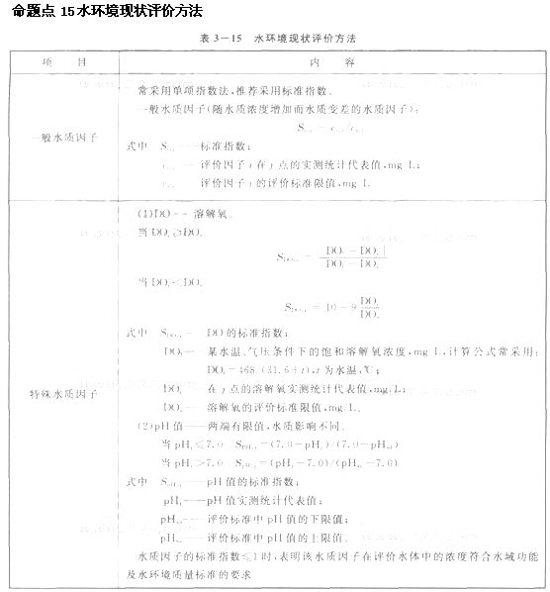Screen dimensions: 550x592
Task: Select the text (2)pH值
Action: tap(162, 426)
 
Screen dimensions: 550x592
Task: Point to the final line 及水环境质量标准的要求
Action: tap(203, 573)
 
